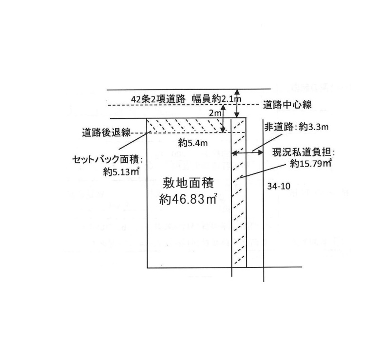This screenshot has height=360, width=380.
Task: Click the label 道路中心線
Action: click(287, 104)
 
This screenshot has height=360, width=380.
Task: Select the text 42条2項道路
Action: click(158, 98)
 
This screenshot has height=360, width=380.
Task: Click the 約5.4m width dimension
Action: click(190, 143)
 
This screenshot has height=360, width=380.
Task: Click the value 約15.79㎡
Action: click(310, 164)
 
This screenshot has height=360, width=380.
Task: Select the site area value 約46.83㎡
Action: click(188, 200)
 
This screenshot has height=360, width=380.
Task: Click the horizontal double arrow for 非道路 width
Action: click(247, 153)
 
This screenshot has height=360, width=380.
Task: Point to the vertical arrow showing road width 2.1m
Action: click(237, 103)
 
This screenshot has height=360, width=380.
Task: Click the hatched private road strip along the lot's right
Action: click(239, 205)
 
